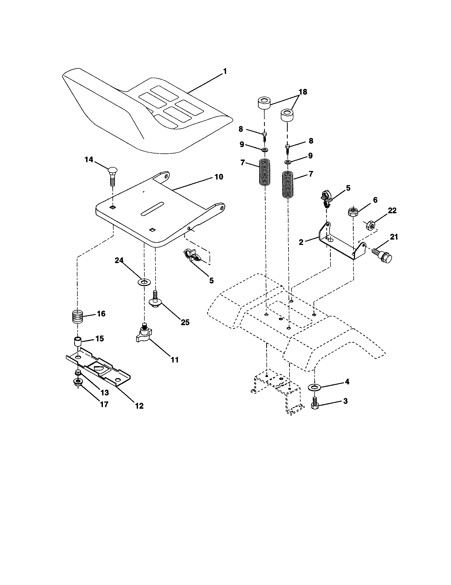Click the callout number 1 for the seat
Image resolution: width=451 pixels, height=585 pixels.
(x=225, y=71)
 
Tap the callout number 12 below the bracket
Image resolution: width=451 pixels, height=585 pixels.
(x=139, y=406)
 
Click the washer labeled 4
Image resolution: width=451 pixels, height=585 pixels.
(x=314, y=387)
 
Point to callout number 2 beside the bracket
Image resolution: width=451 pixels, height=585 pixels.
(x=301, y=242)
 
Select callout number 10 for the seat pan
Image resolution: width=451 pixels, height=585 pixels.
(x=219, y=177)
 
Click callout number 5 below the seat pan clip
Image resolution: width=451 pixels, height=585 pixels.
(x=211, y=281)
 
